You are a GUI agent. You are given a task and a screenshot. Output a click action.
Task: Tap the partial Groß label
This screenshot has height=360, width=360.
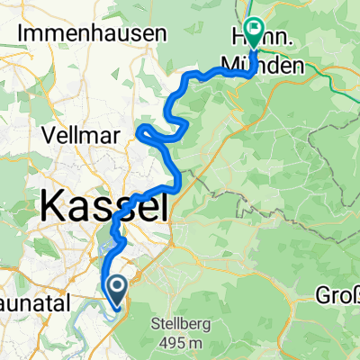point(339,295)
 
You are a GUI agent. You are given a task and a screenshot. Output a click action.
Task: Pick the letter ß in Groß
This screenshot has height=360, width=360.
point(354,295)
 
